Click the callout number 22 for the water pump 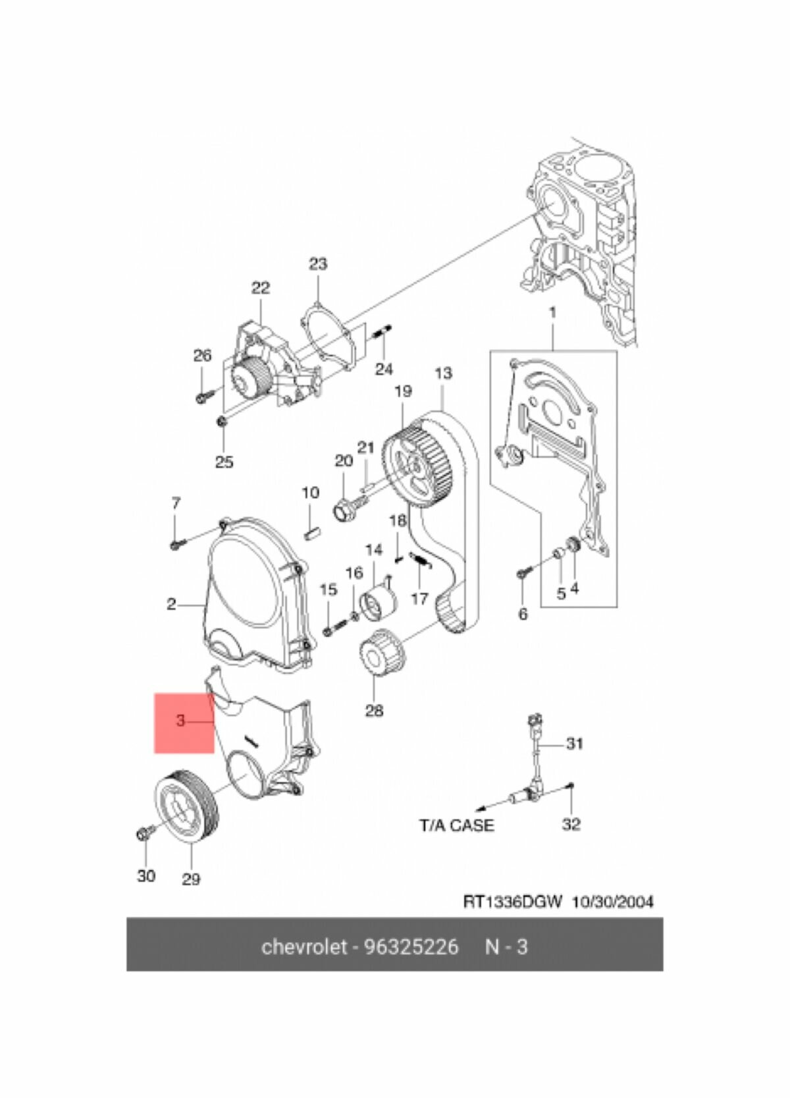pos(261,288)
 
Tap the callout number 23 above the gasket pos(318,264)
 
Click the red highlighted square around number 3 pos(184,723)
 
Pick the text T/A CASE pos(456,825)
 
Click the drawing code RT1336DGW pos(513,902)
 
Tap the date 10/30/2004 pos(613,902)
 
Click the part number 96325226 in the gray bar pos(411,947)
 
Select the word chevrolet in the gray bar pos(303,947)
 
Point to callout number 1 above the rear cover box pos(553,312)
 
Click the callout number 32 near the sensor pos(571,824)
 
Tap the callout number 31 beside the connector pos(575,744)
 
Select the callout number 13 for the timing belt pos(444,373)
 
